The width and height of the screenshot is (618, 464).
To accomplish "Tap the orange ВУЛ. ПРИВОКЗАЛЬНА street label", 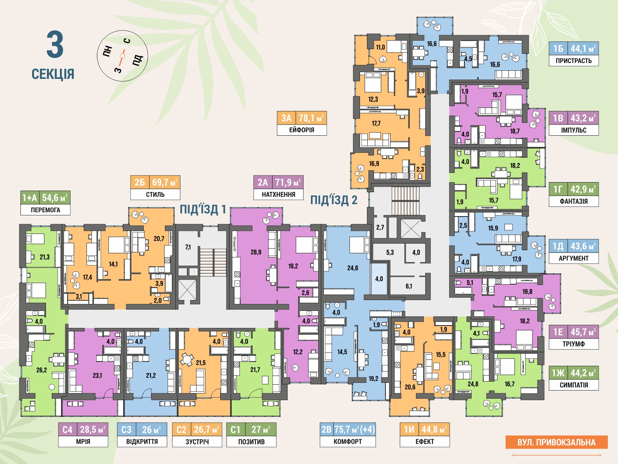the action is coord(556,442).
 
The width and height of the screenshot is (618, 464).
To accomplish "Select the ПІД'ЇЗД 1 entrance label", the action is coord(203,209).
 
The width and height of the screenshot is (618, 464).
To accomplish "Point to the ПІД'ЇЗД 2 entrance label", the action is coord(334,200).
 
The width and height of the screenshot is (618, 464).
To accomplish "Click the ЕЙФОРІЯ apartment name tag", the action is coord(302,130).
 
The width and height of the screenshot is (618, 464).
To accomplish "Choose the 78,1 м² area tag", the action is coord(311,118).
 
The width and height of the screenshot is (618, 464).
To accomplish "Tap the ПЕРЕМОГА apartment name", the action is coord(45,210).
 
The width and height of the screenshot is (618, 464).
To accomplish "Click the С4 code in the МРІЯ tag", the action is coord(68,430).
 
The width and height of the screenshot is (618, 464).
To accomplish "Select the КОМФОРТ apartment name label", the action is coord(348,442).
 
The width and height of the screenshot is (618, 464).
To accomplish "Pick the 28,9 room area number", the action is coord(256,252).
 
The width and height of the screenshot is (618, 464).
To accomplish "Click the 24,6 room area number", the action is coord(353,268).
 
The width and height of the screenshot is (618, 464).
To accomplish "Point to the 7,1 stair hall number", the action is coord(188,247).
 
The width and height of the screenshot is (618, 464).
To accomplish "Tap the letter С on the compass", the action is coord(127,41).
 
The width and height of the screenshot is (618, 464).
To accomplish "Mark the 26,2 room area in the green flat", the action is coord(41,370).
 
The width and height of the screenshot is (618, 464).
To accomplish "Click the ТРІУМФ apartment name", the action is coord(574,344).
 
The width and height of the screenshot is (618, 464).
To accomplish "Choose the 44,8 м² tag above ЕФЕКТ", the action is coord(434,430).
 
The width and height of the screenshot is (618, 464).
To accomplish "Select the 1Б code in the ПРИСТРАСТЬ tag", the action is coord(558,49).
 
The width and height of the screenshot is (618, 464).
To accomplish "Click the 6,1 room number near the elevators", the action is coord(409,287).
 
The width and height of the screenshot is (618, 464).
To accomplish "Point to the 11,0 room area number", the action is coord(380,47).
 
